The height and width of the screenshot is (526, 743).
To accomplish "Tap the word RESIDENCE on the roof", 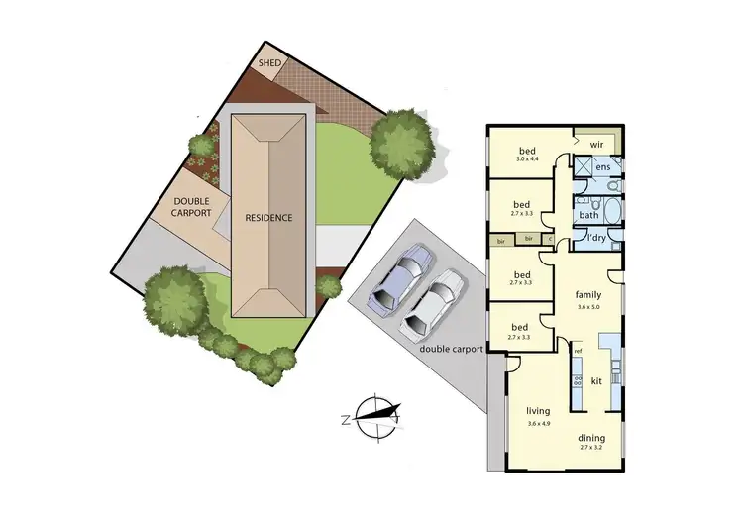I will (x=270, y=218).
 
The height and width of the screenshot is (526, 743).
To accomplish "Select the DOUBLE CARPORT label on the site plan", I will (x=190, y=206).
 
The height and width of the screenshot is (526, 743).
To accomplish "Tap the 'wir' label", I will (x=596, y=144).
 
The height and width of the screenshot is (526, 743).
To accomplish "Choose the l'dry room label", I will (x=596, y=239).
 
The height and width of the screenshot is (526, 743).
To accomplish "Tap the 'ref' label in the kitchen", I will (x=578, y=352).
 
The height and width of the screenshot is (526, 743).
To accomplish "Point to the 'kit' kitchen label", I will (x=596, y=380).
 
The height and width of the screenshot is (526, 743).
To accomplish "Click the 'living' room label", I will (x=538, y=410).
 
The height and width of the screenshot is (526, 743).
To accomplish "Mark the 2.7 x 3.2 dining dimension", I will (x=591, y=449).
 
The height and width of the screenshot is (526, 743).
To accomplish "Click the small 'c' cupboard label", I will (x=550, y=239).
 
